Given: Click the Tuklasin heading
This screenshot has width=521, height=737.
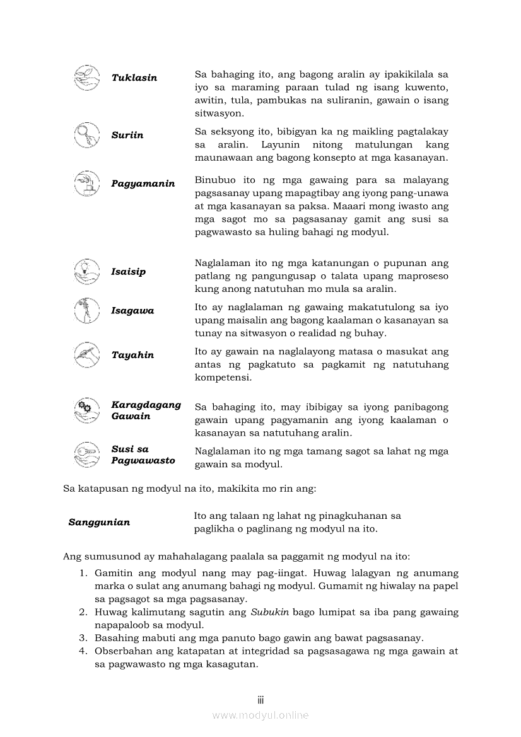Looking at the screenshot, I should [134, 78].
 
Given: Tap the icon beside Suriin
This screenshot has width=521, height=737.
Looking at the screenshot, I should [86, 135].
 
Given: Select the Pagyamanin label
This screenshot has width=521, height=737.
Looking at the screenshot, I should [143, 183].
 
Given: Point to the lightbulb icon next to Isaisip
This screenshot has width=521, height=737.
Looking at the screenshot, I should [86, 272].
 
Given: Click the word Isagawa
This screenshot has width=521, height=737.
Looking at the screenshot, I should [132, 311].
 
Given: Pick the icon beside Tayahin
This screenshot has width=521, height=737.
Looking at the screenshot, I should [86, 355].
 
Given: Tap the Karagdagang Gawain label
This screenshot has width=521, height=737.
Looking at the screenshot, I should [146, 410].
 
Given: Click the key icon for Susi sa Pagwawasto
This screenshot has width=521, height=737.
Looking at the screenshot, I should [86, 455].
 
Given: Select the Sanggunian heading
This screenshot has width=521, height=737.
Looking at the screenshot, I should [99, 522].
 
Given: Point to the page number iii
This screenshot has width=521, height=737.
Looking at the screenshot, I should [260, 700].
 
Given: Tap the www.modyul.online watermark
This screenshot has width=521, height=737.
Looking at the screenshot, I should [260, 716].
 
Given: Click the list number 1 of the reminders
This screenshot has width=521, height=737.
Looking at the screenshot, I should [83, 573].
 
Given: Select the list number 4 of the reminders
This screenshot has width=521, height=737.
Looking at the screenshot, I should [83, 651].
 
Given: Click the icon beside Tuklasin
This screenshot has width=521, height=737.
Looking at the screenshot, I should [86, 78].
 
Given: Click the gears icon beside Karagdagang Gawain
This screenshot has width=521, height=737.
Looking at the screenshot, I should [86, 410].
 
